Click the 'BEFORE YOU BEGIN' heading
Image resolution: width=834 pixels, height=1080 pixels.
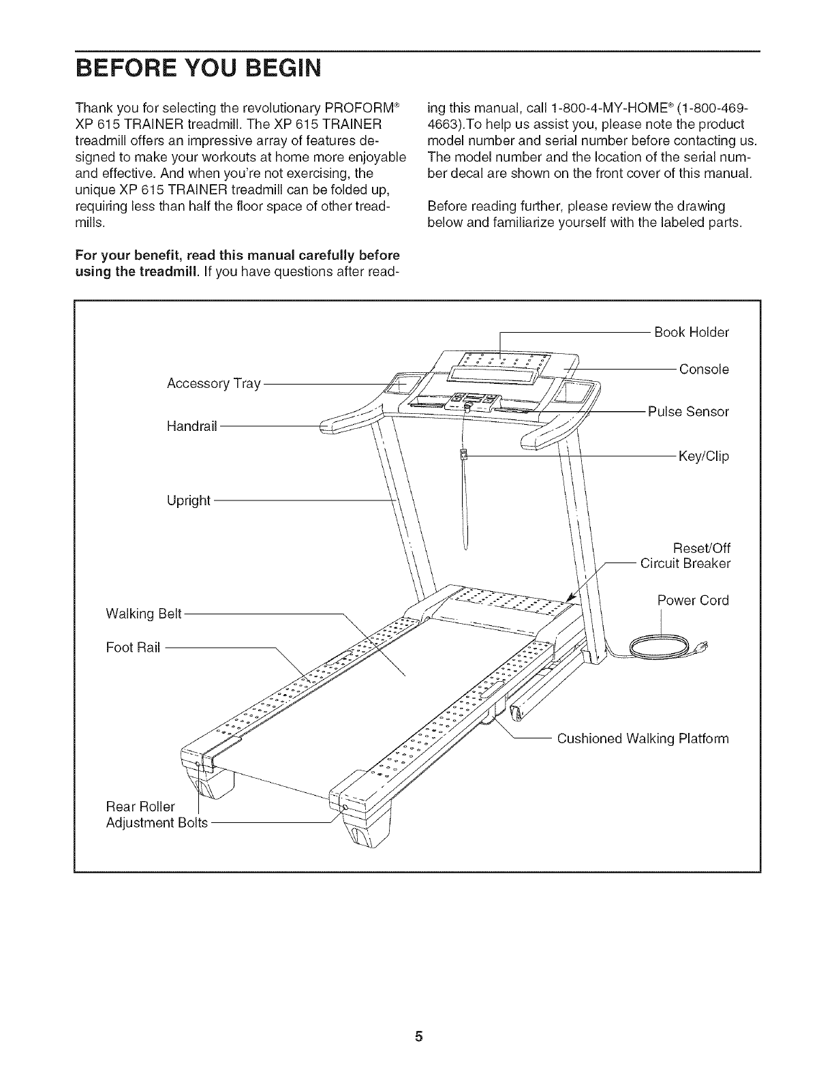(x=198, y=69)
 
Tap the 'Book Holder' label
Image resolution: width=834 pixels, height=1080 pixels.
(x=691, y=332)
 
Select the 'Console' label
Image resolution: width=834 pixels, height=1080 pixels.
(x=704, y=370)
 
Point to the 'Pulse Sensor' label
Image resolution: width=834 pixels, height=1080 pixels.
(x=688, y=412)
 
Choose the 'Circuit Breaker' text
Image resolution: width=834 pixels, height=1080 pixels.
(x=685, y=564)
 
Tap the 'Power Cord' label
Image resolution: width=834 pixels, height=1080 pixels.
(x=693, y=601)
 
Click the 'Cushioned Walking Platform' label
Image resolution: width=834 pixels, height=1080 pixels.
(x=643, y=739)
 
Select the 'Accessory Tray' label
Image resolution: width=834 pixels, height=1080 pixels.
(x=214, y=384)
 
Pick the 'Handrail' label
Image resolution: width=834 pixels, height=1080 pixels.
(x=191, y=426)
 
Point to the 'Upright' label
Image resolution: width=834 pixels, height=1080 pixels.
(x=189, y=501)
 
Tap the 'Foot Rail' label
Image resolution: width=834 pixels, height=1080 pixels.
(x=133, y=647)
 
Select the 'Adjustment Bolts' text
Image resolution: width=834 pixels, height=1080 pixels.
(x=157, y=823)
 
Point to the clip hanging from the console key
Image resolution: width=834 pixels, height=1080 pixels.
(x=463, y=455)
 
